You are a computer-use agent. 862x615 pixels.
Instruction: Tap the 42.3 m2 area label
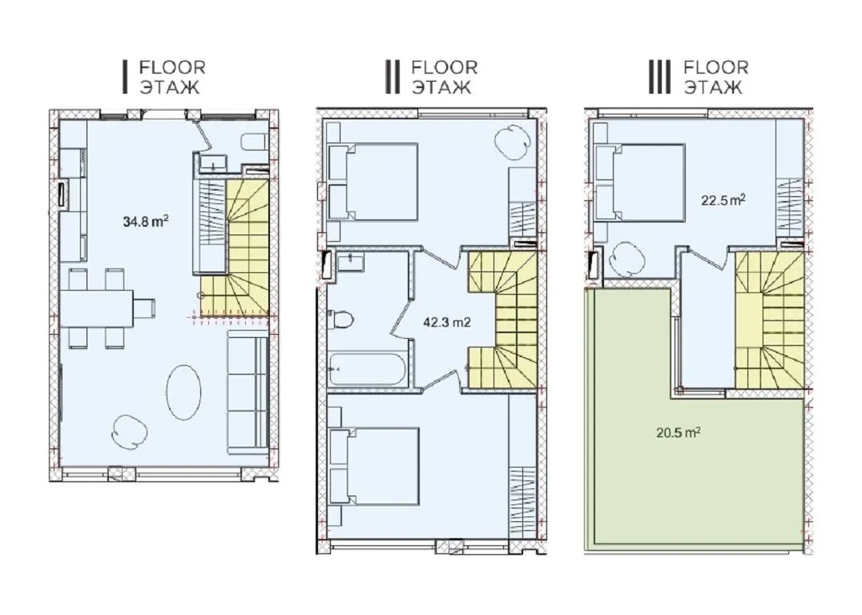pyautogui.click(x=447, y=323)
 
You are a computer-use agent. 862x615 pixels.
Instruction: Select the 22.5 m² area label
pyautogui.click(x=723, y=200)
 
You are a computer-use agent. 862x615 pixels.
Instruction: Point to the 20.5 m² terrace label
pyautogui.click(x=678, y=432)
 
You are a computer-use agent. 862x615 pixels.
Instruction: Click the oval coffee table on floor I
pyautogui.click(x=183, y=392)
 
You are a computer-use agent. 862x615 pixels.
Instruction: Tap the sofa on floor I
pyautogui.click(x=248, y=392)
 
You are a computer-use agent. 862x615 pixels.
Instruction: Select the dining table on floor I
pyautogui.click(x=97, y=308)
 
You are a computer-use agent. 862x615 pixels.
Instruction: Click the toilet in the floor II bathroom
pyautogui.click(x=340, y=320)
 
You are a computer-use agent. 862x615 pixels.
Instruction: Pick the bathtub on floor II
pyautogui.click(x=367, y=369)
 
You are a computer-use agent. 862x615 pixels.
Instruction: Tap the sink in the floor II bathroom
pyautogui.click(x=351, y=262)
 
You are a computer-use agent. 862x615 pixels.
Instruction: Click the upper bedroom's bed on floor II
pyautogui.click(x=373, y=182)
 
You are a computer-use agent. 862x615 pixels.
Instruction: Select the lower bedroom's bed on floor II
pyautogui.click(x=374, y=466)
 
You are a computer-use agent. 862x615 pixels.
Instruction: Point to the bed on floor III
pyautogui.click(x=640, y=183)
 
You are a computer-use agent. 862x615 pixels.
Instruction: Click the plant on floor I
pyautogui.click(x=131, y=431)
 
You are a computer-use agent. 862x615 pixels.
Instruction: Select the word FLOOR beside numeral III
pyautogui.click(x=715, y=67)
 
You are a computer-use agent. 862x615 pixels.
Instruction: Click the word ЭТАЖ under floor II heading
pyautogui.click(x=441, y=87)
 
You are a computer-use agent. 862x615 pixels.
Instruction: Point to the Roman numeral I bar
pyautogui.click(x=125, y=77)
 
